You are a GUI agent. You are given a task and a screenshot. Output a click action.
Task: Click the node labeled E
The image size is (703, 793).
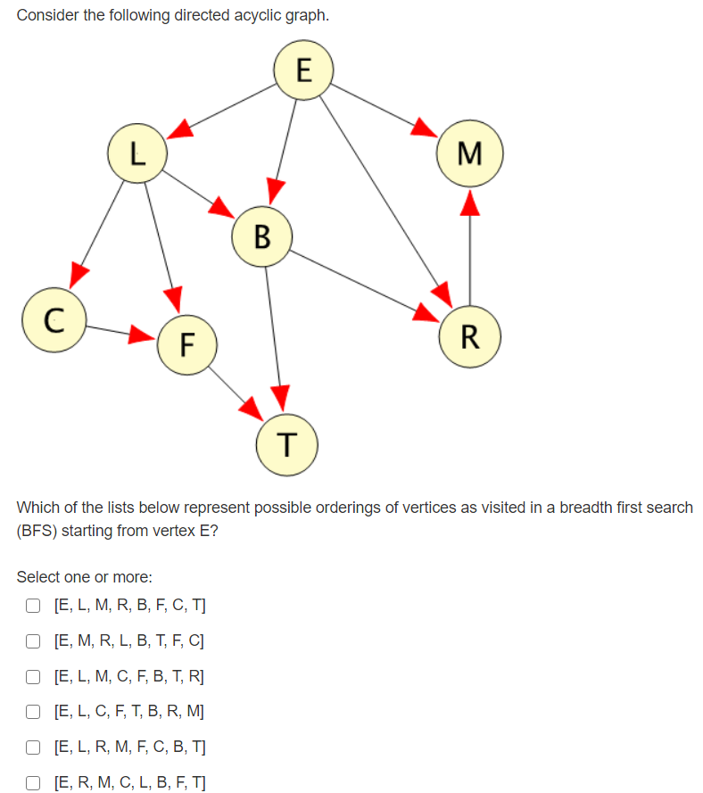pyautogui.click(x=303, y=69)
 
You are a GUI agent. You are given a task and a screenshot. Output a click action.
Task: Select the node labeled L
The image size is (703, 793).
pyautogui.click(x=136, y=153)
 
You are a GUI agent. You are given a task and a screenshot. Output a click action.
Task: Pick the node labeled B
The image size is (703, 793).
pyautogui.click(x=261, y=236)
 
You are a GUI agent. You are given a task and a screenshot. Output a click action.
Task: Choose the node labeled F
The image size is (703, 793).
pyautogui.click(x=185, y=343)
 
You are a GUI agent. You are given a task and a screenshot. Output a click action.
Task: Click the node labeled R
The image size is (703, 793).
pyautogui.click(x=469, y=336)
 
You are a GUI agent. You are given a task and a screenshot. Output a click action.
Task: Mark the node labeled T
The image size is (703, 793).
pyautogui.click(x=285, y=443)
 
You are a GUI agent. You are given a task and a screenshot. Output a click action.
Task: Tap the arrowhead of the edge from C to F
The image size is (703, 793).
pyautogui.click(x=139, y=335)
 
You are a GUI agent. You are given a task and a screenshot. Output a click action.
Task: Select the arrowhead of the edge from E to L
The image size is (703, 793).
pyautogui.click(x=181, y=129)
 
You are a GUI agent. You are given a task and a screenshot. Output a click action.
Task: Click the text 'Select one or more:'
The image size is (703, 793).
pyautogui.click(x=78, y=577)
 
